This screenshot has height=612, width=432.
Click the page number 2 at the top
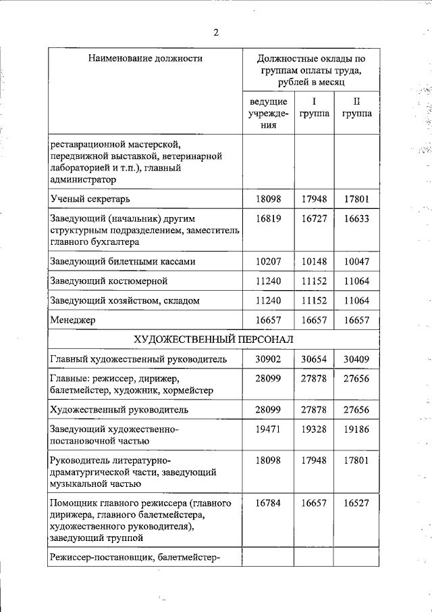215,32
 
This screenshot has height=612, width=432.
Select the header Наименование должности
145,59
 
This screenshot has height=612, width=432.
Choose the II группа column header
356,108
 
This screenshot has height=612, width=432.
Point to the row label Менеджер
73,320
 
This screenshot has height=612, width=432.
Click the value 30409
356,359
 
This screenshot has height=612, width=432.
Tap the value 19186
356,429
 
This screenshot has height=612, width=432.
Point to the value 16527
356,503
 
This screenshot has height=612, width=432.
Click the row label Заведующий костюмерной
109,281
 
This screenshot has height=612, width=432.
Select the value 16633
356,219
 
